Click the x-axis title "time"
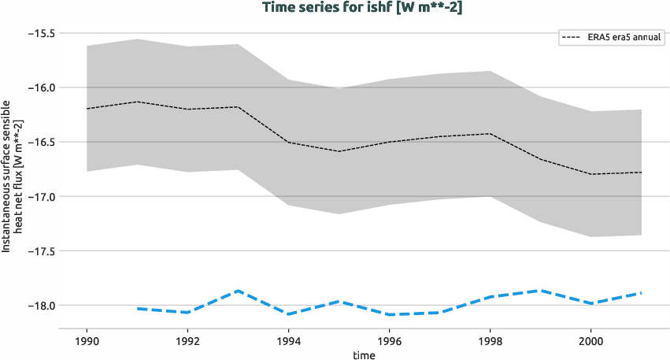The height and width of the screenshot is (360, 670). [x=365, y=354]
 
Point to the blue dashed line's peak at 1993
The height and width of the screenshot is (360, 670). [x=238, y=291]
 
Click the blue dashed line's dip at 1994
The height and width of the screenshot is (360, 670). [x=288, y=314]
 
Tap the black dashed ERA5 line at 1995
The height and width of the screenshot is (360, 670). [x=339, y=151]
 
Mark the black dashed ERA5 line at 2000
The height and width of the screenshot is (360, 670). [x=591, y=174]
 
